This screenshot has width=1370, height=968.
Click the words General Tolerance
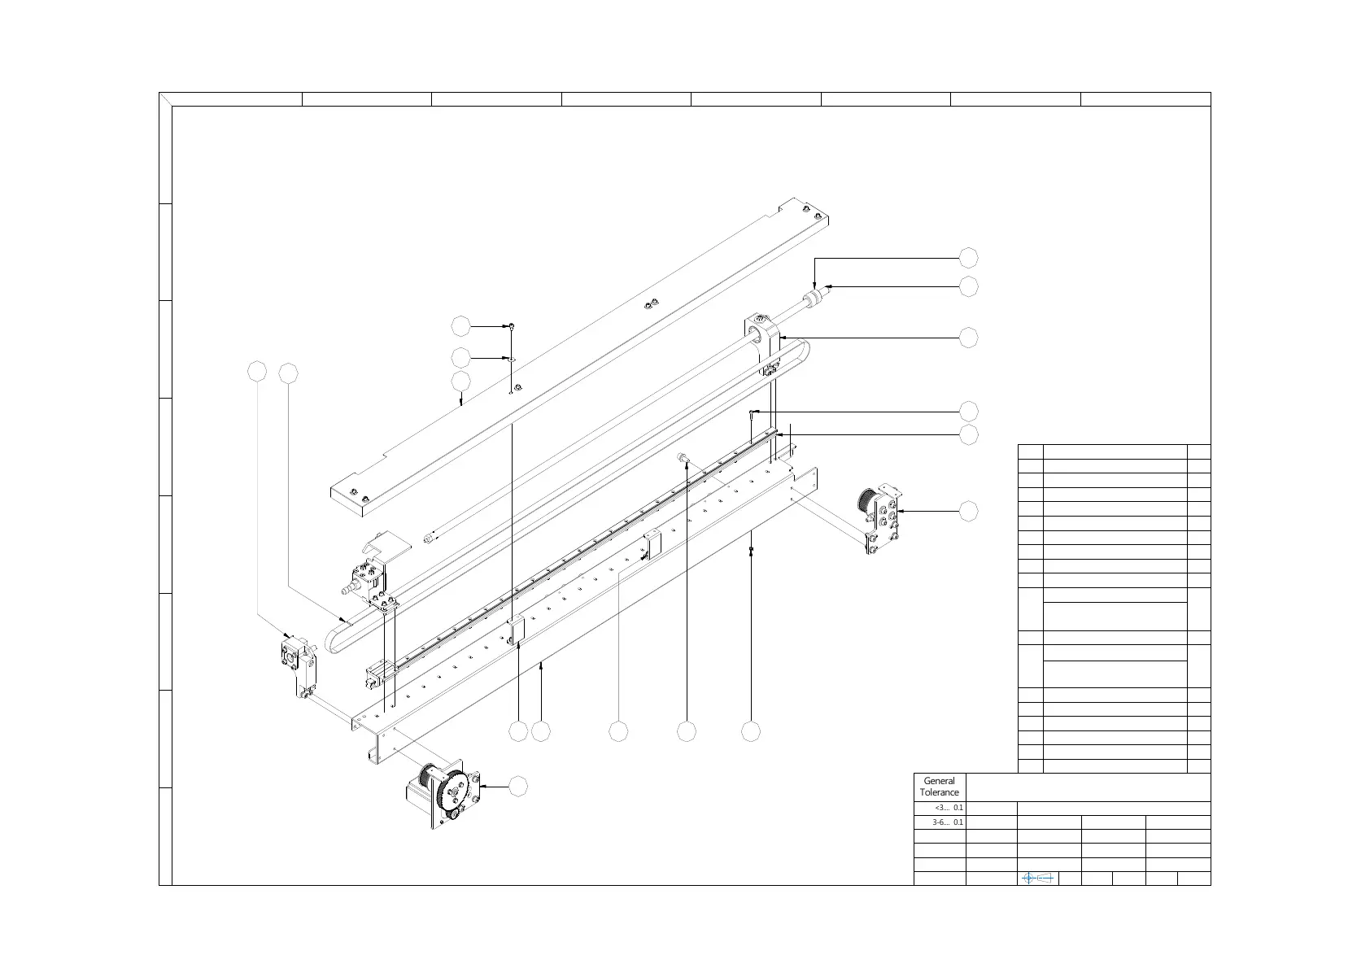[x=940, y=787]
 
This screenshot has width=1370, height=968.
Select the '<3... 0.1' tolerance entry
[x=949, y=808]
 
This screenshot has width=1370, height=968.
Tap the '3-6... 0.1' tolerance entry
[x=949, y=822]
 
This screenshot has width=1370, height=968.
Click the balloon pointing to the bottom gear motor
[x=518, y=787]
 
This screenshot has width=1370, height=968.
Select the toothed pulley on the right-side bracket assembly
[x=866, y=499]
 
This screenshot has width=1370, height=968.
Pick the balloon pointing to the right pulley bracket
[x=968, y=511]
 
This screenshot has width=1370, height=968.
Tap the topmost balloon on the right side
[x=968, y=258]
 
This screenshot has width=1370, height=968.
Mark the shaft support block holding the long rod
[x=761, y=342]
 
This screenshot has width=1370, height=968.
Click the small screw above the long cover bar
[x=512, y=326]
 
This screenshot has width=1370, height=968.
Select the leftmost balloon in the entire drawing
[x=257, y=372]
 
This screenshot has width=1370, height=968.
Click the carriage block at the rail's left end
[x=381, y=672]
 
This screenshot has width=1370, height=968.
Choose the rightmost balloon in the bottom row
[x=751, y=731]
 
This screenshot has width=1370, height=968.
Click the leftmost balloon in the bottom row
[x=518, y=731]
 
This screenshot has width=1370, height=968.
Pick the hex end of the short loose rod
[x=429, y=536]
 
